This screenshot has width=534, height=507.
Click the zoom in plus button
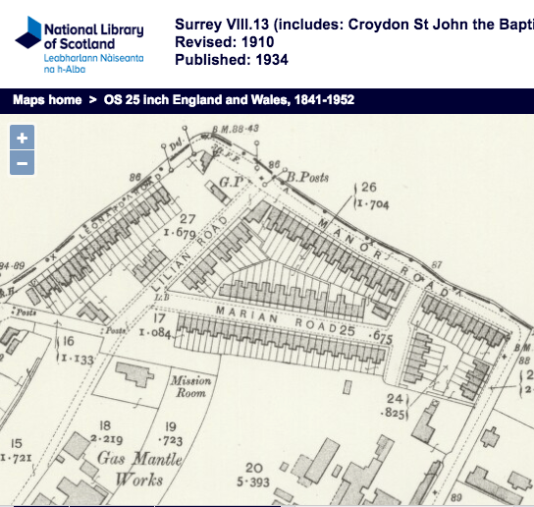pyautogui.click(x=22, y=138)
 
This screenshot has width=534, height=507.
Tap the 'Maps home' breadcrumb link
pyautogui.click(x=47, y=100)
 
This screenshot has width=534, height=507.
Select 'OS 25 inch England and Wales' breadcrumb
pyautogui.click(x=229, y=100)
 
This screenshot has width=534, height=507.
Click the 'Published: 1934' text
pyautogui.click(x=230, y=60)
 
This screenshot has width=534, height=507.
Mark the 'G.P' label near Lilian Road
pyautogui.click(x=231, y=184)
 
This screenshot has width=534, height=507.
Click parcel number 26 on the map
pyautogui.click(x=369, y=187)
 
